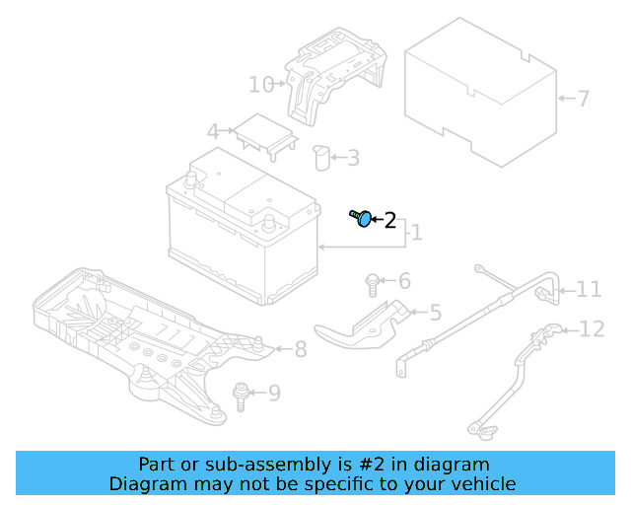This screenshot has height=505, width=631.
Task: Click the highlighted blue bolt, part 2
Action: (x=361, y=218)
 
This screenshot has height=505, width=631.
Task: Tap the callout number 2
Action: (x=389, y=221)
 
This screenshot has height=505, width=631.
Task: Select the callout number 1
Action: (x=416, y=233)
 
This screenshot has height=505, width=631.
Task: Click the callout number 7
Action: (x=583, y=99)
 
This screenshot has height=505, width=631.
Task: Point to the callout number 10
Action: (x=261, y=85)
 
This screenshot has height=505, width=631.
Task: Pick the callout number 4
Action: (x=213, y=131)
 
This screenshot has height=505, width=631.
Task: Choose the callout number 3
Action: (x=352, y=157)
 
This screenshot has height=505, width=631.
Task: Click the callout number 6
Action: (x=403, y=281)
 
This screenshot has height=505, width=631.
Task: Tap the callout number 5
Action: (x=435, y=314)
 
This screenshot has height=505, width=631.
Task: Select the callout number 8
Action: (x=301, y=348)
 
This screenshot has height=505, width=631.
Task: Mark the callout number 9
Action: (x=274, y=394)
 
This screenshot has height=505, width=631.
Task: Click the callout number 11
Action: (x=589, y=289)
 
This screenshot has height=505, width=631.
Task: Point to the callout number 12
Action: (x=592, y=329)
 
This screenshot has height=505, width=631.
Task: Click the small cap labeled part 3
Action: (x=320, y=157)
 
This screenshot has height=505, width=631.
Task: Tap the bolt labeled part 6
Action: (x=373, y=284)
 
